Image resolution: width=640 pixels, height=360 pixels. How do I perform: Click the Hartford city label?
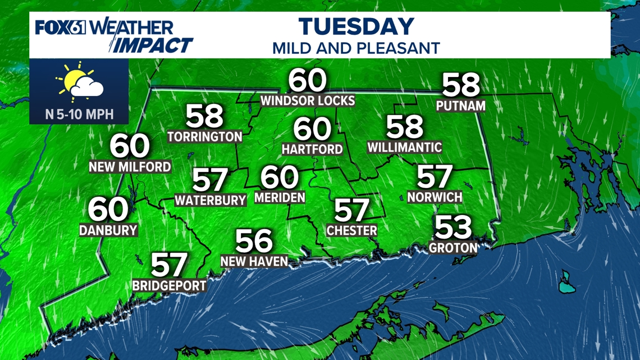click(x=312, y=149)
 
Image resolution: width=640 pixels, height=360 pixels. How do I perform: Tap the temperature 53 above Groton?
click(x=454, y=228)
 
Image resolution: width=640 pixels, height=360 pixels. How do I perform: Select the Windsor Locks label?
click(x=308, y=101)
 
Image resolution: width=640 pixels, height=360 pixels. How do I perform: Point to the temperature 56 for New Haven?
click(x=254, y=241)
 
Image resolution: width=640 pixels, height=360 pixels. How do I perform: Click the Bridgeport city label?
click(x=170, y=285)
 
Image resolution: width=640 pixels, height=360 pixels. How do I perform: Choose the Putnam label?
click(x=461, y=105)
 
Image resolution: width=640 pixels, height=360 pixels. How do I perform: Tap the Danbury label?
click(x=108, y=230)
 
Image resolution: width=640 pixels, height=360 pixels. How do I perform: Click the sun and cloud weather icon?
click(x=80, y=83)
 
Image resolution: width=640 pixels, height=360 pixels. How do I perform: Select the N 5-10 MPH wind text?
click(x=79, y=115)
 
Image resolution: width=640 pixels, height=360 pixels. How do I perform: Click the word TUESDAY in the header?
click(x=356, y=26)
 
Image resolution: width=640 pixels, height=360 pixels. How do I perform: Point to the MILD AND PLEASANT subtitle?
click(x=356, y=48)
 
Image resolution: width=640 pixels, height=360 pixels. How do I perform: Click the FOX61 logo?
click(x=61, y=28)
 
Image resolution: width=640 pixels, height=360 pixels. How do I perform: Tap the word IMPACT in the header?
click(x=152, y=45)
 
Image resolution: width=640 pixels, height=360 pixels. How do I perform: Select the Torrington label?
click(x=205, y=136)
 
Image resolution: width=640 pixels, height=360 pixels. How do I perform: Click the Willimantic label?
click(x=404, y=147)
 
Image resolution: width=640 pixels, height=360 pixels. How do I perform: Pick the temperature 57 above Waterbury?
click(x=211, y=180)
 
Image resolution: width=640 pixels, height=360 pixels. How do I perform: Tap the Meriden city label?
click(x=280, y=197)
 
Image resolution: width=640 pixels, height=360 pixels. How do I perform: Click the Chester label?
click(x=352, y=230)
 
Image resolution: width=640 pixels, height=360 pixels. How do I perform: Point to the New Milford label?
click(x=130, y=167)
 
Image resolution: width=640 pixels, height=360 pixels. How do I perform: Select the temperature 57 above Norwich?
click(x=435, y=177)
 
